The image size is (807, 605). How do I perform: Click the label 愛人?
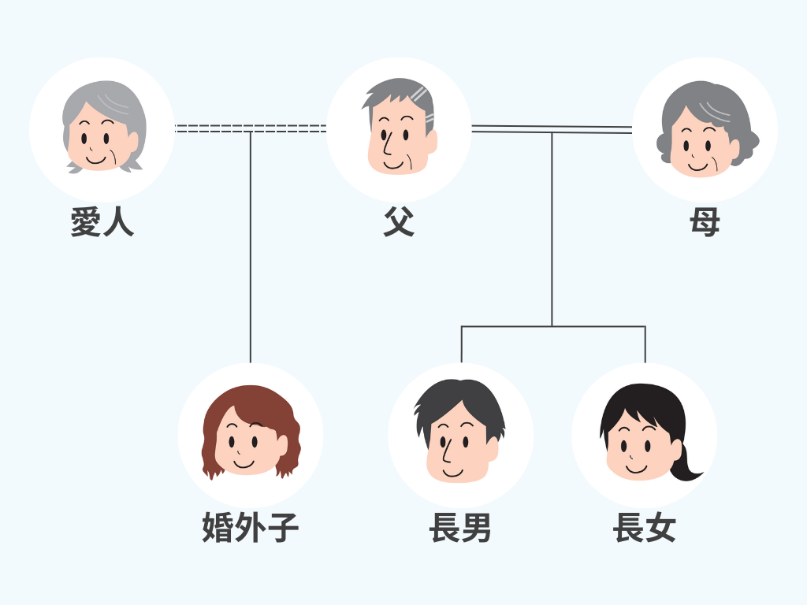[x=102, y=223]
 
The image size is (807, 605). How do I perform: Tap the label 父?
[x=399, y=223]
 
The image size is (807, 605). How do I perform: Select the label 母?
[x=705, y=223]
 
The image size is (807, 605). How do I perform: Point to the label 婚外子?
[x=251, y=528]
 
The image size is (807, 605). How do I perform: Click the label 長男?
[x=460, y=528]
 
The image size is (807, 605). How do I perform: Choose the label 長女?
[x=645, y=528]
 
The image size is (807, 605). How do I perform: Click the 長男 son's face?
[x=457, y=445]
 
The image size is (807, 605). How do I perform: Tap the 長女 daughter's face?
[x=638, y=445]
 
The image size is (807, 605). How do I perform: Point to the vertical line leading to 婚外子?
[x=251, y=252]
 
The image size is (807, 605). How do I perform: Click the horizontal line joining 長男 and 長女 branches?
[x=552, y=326]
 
